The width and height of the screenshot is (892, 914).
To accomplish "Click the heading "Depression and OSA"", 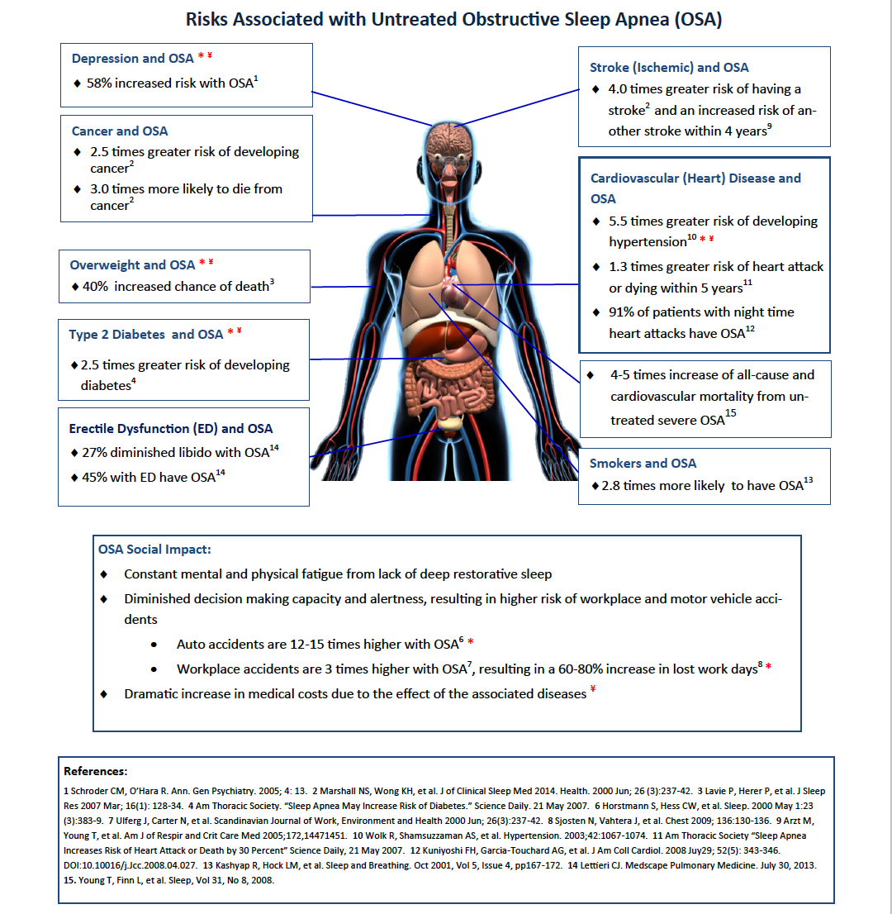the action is coord(132,59).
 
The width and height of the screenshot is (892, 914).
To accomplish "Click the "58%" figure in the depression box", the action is coord(99,83).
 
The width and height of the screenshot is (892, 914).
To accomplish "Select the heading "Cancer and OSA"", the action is coord(120,131).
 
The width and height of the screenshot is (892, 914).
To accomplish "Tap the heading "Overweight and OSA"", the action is coord(132,265).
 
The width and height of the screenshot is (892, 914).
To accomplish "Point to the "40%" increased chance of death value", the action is coord(95,287).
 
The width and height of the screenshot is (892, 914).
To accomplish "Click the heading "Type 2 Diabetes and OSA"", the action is coord(145,335).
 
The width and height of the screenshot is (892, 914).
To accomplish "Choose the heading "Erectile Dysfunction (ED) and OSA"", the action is coord(171,429).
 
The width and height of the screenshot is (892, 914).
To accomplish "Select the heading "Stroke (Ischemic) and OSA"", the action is coord(669,68).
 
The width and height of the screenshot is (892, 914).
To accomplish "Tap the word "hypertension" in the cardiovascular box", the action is coord(648,242).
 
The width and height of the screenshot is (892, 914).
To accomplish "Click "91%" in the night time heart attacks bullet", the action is coord(621,312).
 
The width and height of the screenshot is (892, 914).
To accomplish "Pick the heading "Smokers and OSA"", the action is coord(643,464).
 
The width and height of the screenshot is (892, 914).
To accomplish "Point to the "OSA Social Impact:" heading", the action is coord(154,550).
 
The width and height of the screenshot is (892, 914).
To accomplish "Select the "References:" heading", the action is coord(95,772).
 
